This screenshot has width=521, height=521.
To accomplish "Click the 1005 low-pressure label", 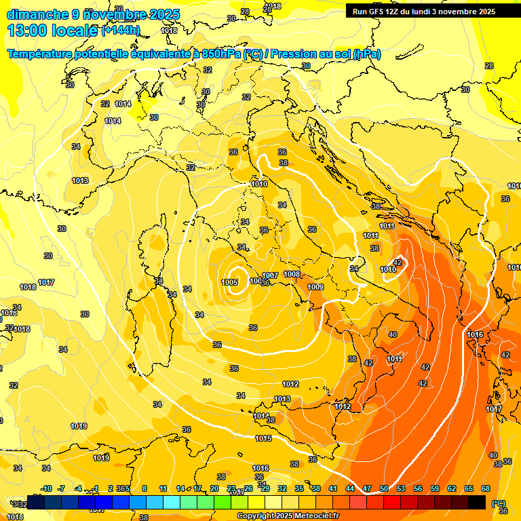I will click(229, 282).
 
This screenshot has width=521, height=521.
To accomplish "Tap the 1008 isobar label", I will click(292, 274).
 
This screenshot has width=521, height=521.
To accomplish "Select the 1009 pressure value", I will click(315, 288).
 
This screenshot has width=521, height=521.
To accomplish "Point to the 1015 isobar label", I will click(263, 439).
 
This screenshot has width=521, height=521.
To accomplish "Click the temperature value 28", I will click(489, 66).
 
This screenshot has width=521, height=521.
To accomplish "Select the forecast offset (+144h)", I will click(120, 31).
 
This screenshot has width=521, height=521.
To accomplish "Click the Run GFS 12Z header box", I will click(423, 12).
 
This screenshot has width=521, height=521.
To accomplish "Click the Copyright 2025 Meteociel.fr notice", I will click(288, 516).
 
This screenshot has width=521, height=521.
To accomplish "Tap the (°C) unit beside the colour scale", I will click(499, 503).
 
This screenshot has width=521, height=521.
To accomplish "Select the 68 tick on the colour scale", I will click(486, 488).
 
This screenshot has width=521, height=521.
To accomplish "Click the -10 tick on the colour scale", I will click(46, 488).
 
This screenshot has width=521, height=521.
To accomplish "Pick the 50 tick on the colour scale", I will click(384, 488).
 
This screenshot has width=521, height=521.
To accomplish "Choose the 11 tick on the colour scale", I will click(163, 488).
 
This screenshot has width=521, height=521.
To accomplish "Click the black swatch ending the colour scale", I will click(477, 502).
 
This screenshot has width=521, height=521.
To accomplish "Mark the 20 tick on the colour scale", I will click(214, 488).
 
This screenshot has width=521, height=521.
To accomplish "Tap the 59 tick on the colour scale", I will click(435, 488).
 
